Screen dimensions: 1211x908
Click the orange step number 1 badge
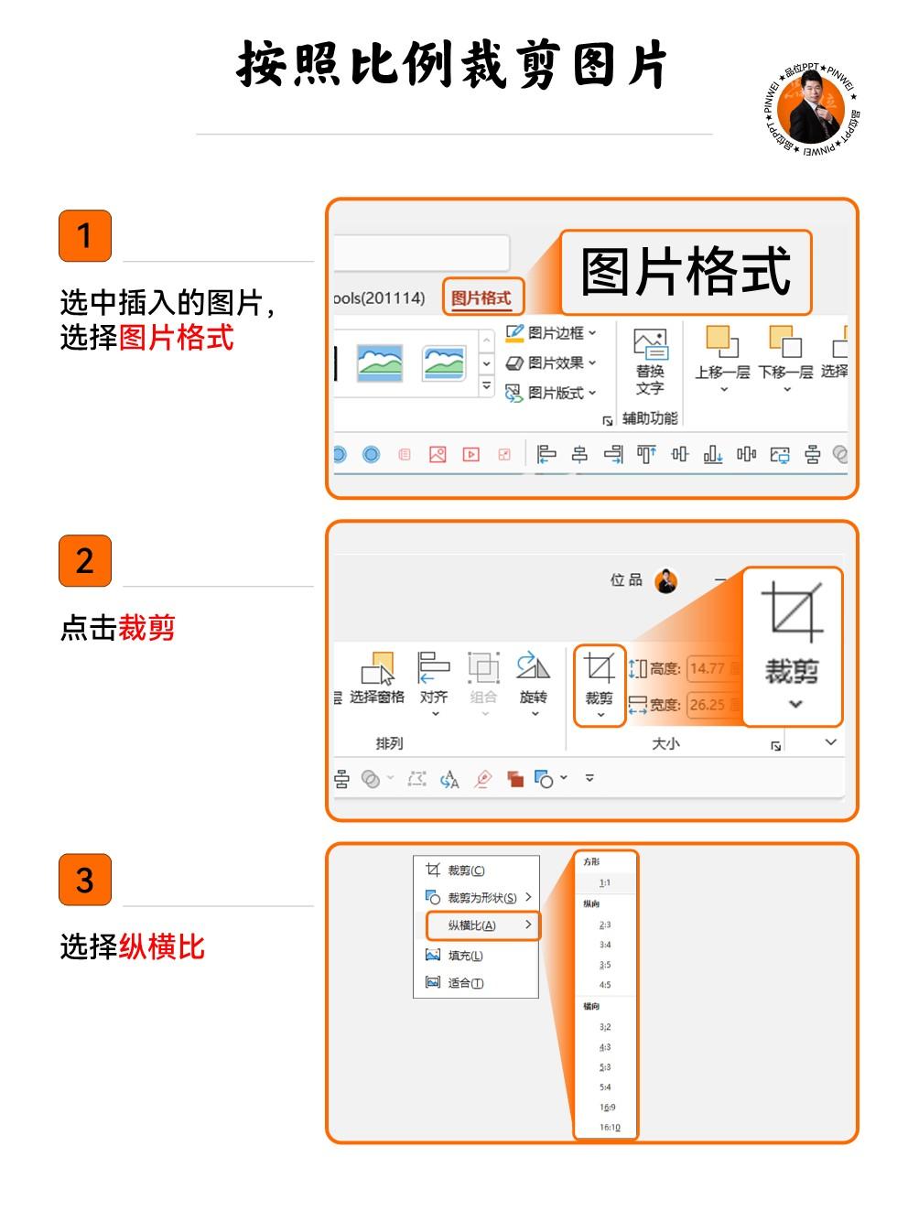click(85, 236)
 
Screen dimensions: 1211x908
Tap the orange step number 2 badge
click(85, 560)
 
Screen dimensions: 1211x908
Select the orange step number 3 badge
click(85, 880)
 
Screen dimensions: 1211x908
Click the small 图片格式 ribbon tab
click(481, 297)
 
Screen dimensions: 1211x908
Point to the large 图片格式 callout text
click(686, 272)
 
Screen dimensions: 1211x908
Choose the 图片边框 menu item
click(552, 333)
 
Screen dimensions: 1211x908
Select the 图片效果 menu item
click(552, 363)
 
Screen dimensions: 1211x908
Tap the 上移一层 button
click(722, 357)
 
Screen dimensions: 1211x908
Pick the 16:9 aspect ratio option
click(607, 1108)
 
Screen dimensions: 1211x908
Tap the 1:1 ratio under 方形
click(605, 883)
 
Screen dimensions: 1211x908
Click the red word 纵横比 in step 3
click(162, 947)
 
